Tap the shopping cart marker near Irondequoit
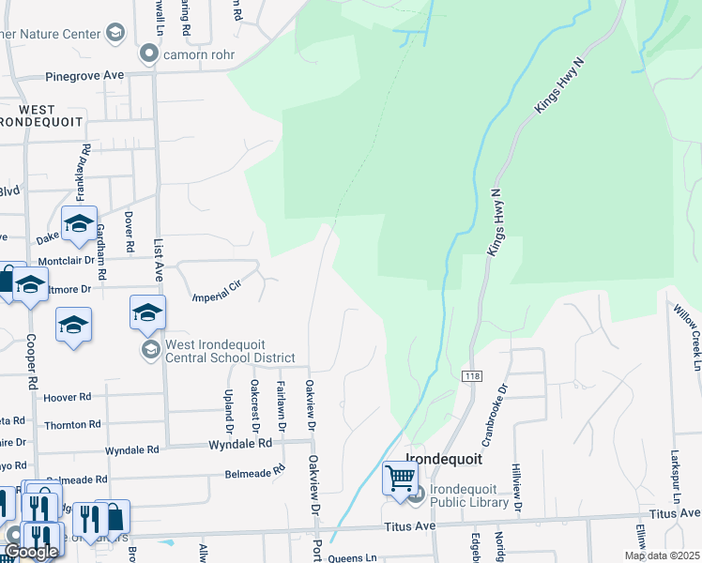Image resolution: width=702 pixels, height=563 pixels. click(x=400, y=479)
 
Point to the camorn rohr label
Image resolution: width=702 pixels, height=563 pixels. click(x=198, y=54)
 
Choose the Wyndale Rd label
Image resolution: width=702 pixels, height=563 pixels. click(x=239, y=443)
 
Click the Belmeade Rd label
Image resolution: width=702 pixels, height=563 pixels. click(x=254, y=472)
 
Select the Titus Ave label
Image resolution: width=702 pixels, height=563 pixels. click(x=675, y=513)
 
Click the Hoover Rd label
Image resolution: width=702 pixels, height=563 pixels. click(x=67, y=398)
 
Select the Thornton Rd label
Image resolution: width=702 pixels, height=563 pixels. click(x=66, y=425)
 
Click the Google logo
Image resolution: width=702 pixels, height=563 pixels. click(x=32, y=552)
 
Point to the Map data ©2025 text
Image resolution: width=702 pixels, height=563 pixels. click(x=662, y=555)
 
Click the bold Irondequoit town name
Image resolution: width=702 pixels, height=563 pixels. click(x=443, y=460)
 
